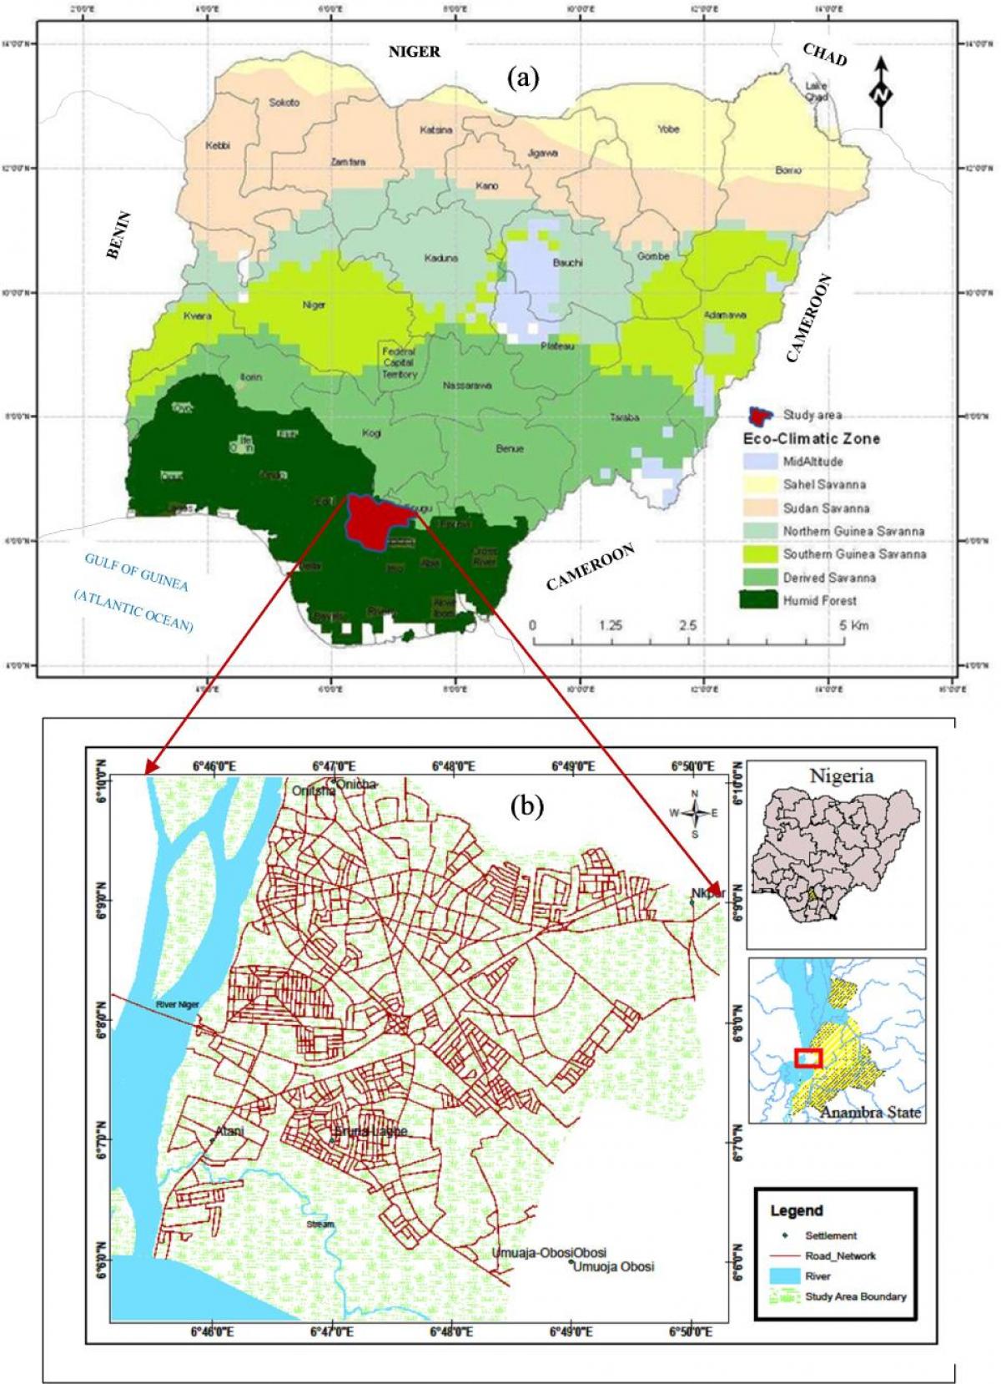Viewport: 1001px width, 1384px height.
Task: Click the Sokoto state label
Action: pyautogui.click(x=284, y=103)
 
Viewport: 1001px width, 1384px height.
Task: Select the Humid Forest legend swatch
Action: pyautogui.click(x=760, y=600)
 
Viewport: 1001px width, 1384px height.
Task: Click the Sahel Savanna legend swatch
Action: pyautogui.click(x=760, y=484)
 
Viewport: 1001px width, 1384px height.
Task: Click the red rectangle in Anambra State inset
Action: pyautogui.click(x=808, y=1058)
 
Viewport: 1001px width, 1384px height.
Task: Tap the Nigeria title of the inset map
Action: pyautogui.click(x=842, y=775)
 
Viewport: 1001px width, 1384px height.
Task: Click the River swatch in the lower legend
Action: pyautogui.click(x=785, y=1275)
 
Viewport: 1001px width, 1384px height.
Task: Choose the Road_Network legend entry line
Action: pyautogui.click(x=785, y=1255)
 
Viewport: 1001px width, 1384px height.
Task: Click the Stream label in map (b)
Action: pyautogui.click(x=319, y=1225)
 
